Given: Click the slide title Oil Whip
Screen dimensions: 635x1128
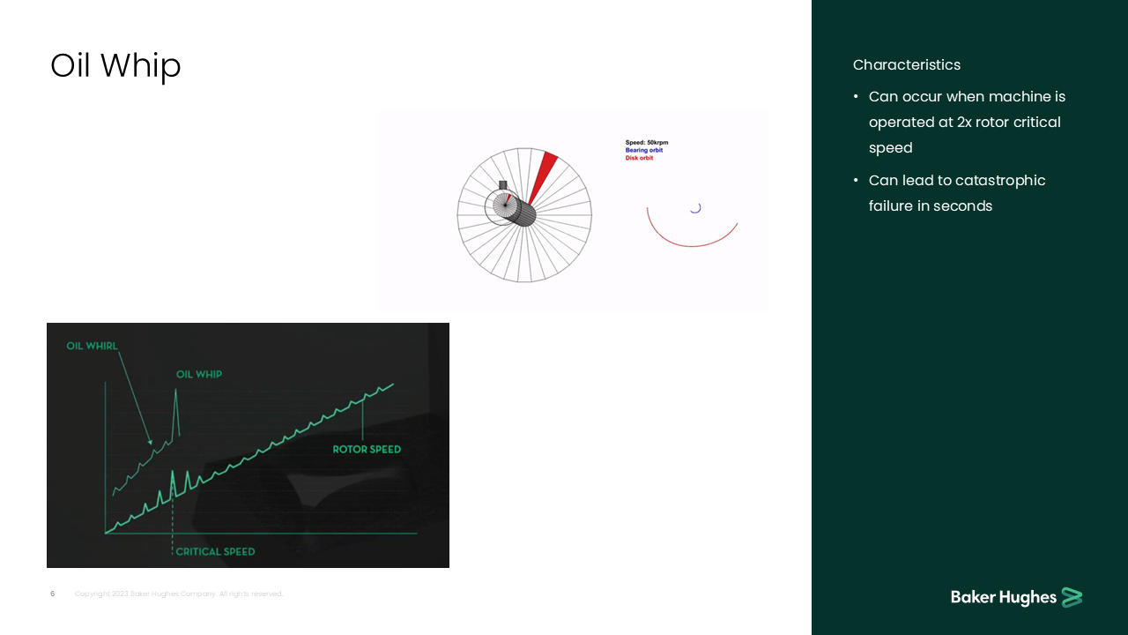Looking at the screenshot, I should (x=115, y=66).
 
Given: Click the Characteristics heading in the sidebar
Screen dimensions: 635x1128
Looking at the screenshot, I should (x=906, y=65).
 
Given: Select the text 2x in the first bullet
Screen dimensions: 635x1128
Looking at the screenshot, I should (x=965, y=123).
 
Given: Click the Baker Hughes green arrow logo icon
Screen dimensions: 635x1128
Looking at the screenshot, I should (x=1072, y=597).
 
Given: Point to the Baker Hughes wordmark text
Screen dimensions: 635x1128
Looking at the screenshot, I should (x=1003, y=598).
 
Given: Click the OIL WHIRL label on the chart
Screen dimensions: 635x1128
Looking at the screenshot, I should (x=92, y=346).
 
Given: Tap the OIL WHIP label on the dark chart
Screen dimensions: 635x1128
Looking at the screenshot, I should (x=199, y=374).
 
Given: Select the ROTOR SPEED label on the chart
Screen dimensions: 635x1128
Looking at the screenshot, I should (x=367, y=450).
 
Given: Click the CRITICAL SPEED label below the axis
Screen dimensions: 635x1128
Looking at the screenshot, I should (x=215, y=552).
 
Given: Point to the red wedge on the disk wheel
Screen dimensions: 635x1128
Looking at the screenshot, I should (x=543, y=172).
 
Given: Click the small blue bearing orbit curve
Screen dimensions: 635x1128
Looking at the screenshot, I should (x=695, y=209).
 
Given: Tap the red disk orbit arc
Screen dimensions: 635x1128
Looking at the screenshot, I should (x=693, y=239).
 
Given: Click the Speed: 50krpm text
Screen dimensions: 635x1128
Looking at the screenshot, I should (x=647, y=142).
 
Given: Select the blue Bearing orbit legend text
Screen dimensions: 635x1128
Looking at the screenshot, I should (x=644, y=150).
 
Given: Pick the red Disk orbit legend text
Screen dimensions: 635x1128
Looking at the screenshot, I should (x=639, y=158).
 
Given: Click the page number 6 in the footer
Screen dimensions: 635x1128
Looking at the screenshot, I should (x=52, y=594).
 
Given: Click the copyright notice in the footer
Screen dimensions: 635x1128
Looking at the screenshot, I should (x=179, y=594).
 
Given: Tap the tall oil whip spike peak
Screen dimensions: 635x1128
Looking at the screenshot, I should (x=175, y=391).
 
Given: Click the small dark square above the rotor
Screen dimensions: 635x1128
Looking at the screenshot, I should (x=503, y=185).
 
